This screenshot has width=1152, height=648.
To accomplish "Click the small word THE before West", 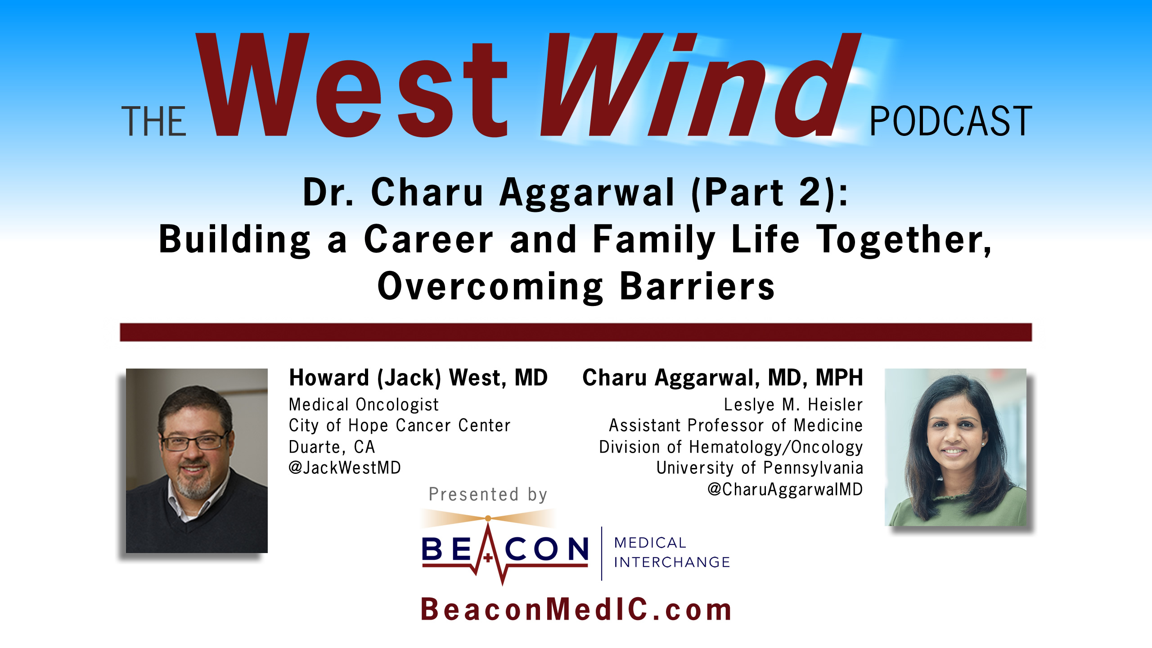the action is point(154,121).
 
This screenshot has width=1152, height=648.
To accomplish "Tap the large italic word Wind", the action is point(700,85).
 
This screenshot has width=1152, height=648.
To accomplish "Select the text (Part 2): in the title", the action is point(769,193).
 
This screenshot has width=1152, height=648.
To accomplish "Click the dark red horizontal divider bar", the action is point(576,332).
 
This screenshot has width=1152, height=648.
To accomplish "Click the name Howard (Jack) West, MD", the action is point(418,378).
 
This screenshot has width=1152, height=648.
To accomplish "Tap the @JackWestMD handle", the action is point(345,468).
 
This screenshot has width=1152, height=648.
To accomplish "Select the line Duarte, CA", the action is point(332,447).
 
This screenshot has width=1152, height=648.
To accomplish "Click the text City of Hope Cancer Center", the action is point(400,426).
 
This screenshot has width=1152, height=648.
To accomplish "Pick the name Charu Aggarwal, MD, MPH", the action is point(723,378).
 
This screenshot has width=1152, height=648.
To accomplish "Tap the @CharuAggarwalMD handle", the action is point(785,489).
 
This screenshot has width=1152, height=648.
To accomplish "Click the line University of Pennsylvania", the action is point(760,468).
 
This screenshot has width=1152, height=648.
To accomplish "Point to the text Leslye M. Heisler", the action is point(793,405).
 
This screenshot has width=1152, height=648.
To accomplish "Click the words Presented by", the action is point(488,495).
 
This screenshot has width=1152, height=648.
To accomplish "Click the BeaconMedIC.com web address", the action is point(576,610).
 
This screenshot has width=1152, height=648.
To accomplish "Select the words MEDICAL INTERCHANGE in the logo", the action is point(672,553).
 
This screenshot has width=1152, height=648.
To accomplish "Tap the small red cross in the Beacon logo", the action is point(488,558).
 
